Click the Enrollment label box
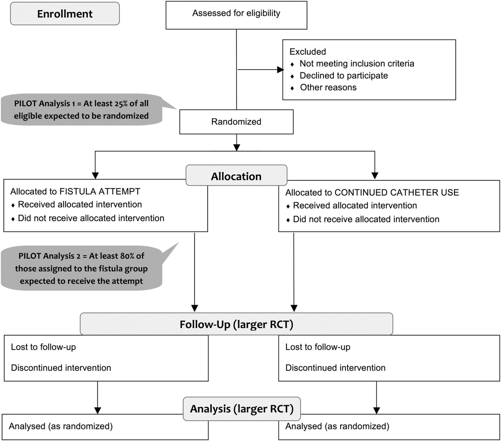65,14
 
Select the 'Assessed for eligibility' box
236,15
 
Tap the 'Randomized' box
236,122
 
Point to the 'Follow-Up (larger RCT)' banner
236,324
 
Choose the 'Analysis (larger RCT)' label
242,409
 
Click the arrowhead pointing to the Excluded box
280,70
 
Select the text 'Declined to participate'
344,75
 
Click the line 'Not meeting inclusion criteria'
357,63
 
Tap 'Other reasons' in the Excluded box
328,87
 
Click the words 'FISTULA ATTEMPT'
100,192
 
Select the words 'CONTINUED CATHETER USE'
397,192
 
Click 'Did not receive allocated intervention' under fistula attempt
91,218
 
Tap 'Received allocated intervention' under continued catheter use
355,205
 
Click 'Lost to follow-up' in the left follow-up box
43,347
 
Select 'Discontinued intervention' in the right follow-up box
335,368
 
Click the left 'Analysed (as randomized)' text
61,426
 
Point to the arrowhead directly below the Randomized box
237,148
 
